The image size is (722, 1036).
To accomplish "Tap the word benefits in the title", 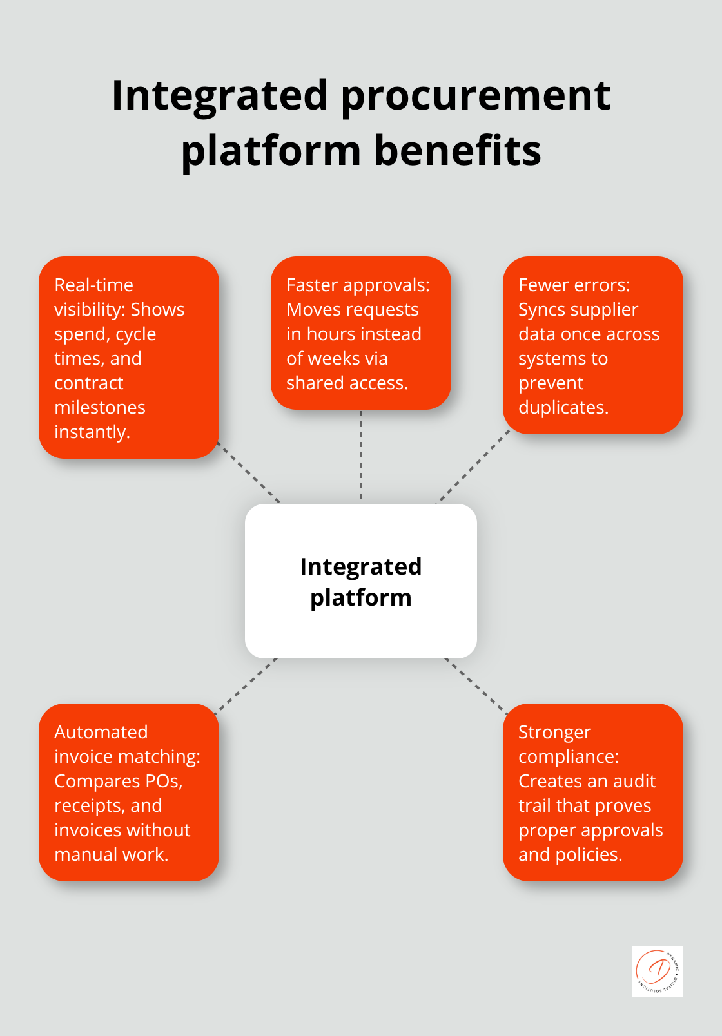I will point(458,151).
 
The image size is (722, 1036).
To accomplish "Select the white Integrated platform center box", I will point(361,580).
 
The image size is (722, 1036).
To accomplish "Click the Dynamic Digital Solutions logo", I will point(657,971).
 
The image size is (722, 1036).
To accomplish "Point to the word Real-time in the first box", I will point(93,285).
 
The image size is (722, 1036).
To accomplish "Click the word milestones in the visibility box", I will point(99,407).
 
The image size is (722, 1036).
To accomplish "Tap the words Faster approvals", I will point(358,285).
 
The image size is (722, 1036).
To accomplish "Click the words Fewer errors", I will point(574,285).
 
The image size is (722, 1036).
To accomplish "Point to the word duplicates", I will point(563,407).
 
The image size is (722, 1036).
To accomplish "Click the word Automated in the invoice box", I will point(101,732).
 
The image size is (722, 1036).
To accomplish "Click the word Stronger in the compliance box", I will point(554,732).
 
